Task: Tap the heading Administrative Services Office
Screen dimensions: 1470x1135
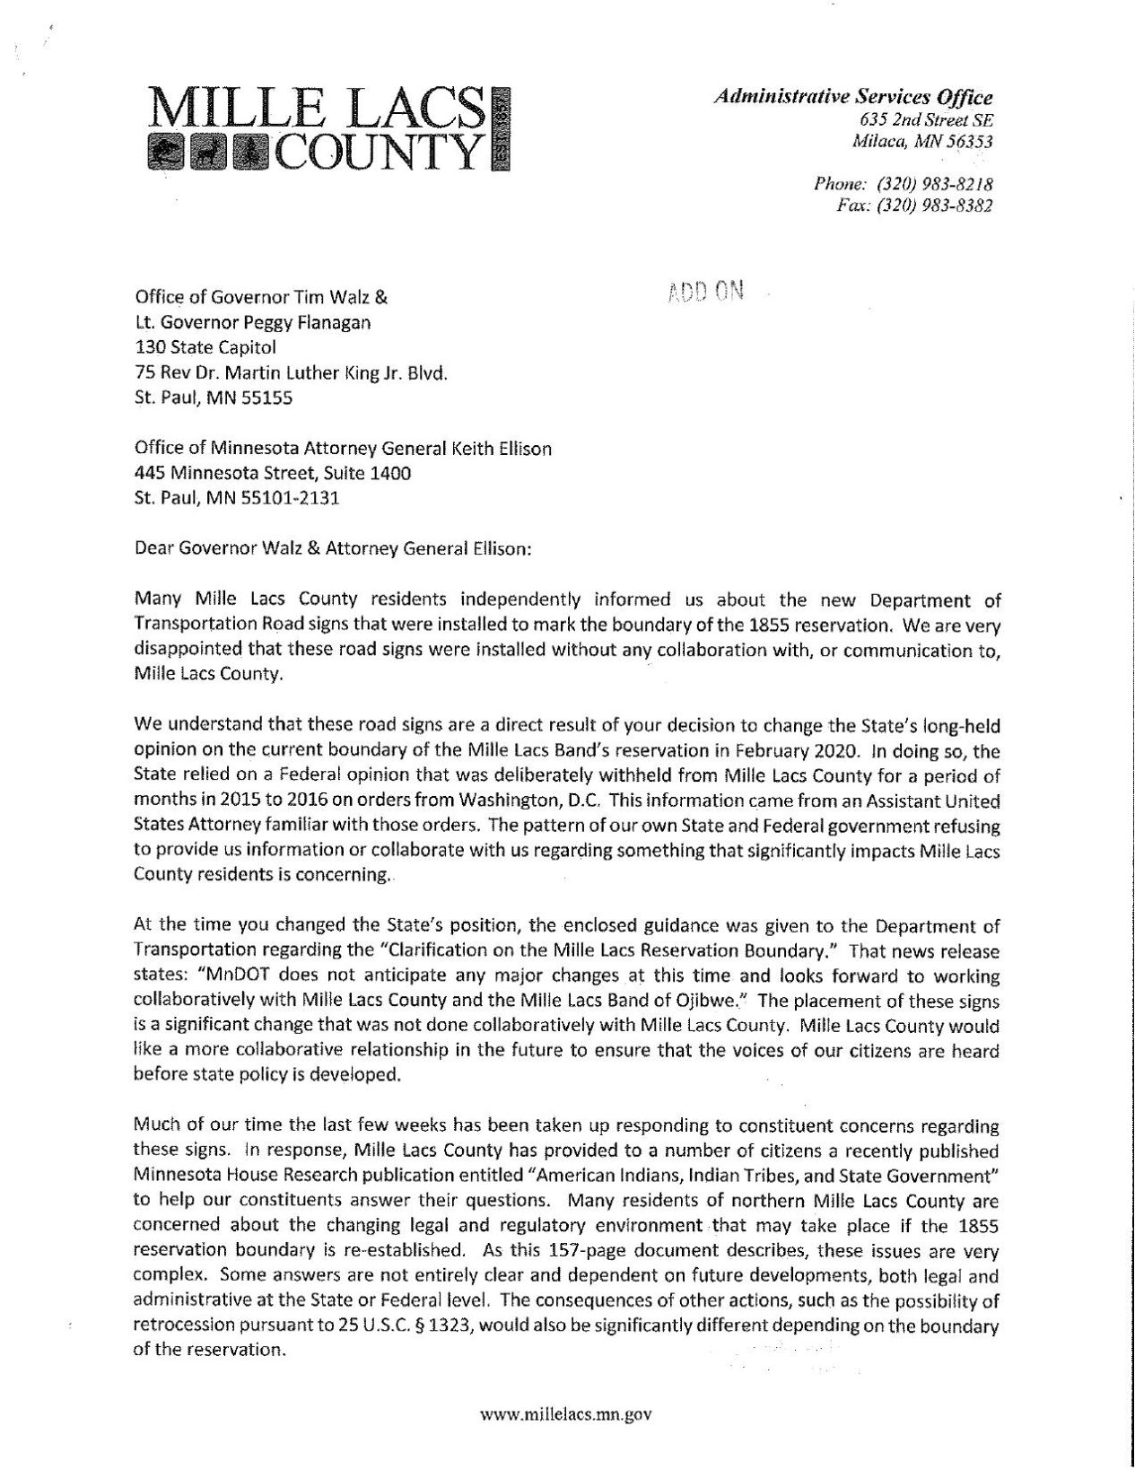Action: point(853,98)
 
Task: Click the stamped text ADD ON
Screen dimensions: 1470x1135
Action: point(707,292)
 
